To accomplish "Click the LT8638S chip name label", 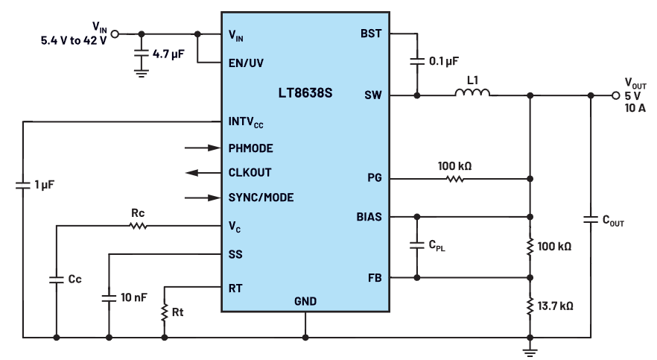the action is coord(305,92).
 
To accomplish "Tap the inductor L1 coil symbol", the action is coord(472,92).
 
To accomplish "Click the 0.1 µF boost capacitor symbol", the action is coord(417,61).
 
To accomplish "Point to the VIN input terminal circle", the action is coord(115,34).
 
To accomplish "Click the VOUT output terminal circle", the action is coord(615,95).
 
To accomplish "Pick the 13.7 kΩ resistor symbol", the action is coord(530,306).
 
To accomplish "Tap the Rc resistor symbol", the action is coord(138,226).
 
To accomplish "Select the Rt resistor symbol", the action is coord(164,312).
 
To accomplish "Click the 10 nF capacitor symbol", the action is coord(109,298).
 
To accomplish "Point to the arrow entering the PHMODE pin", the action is coord(203,148).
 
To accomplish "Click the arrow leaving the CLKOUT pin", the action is coord(203,173).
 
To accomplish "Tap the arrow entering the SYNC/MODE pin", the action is coord(203,198).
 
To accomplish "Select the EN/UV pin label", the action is coord(246,63).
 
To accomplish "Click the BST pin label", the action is coord(371,34).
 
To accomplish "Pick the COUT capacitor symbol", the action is coord(591,219).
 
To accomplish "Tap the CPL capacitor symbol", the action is coord(417,244).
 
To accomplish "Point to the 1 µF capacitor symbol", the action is coord(23,185).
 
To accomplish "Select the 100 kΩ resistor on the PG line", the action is coord(454,179).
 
